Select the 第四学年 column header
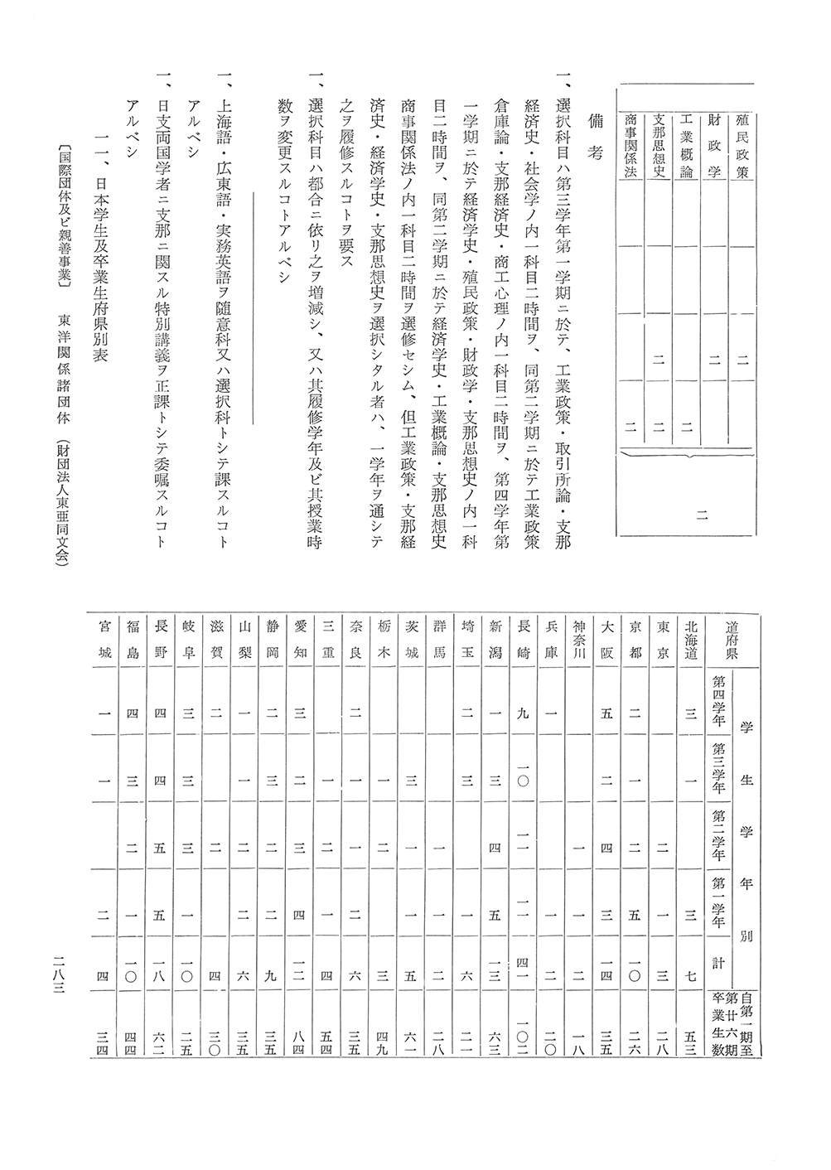[x=718, y=703]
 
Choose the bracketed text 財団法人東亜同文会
[x=63, y=502]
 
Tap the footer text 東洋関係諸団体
[x=63, y=370]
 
